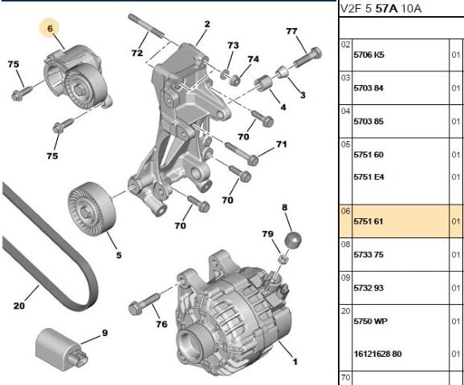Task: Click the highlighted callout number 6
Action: point(50,28)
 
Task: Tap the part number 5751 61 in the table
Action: point(368,221)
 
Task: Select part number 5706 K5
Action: point(368,55)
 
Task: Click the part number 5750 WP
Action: point(371,321)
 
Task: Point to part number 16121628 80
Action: point(377,354)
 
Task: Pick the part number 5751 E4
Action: point(368,177)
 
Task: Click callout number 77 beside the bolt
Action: point(291,31)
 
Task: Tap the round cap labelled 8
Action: point(293,240)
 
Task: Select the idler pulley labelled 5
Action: point(92,209)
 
